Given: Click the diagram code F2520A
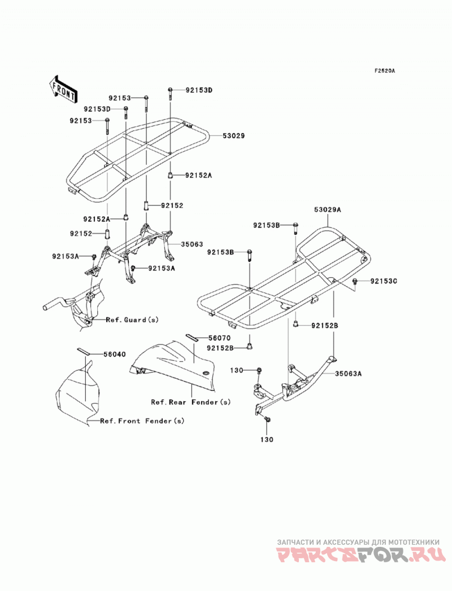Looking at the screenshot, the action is coord(384,71).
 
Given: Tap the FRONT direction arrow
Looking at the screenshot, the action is coord(63,89).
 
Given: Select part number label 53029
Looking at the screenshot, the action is coord(232,135).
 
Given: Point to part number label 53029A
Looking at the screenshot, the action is coord(328,210).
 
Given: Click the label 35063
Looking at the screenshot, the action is coord(192,244).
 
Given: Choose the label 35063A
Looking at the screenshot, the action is coord(348,374).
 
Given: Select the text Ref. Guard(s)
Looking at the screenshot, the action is coord(132,319).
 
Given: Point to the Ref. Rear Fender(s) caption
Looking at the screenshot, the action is coord(190,402).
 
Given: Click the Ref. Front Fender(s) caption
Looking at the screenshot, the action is coord(142,421).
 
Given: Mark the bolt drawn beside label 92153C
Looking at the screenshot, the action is coord(355,281).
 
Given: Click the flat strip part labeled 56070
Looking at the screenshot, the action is coord(190,336).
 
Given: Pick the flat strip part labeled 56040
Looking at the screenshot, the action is coord(84,351).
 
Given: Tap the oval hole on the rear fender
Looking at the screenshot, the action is coord(206,373).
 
